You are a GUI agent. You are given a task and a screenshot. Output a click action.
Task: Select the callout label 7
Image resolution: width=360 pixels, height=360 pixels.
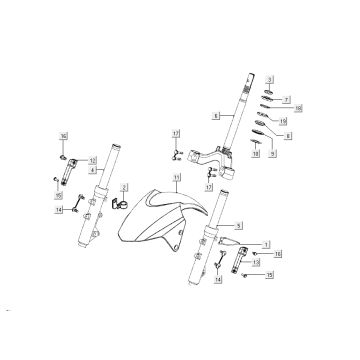[286, 101]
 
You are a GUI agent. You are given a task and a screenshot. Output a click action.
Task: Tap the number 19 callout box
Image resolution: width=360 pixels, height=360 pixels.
[283, 121]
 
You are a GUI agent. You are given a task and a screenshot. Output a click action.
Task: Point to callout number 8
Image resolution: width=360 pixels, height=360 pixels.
[288, 135]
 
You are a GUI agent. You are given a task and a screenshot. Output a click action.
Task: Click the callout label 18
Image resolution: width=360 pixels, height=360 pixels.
[253, 155]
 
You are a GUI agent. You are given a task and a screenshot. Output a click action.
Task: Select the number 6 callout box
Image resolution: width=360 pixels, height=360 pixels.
[216, 116]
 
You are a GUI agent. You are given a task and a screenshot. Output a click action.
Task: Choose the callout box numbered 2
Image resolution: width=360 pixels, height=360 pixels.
[125, 187]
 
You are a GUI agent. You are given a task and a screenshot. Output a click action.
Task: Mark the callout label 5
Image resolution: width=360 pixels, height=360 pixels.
[238, 225]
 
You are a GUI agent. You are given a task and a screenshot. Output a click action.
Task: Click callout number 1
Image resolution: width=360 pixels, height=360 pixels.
[266, 244]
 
